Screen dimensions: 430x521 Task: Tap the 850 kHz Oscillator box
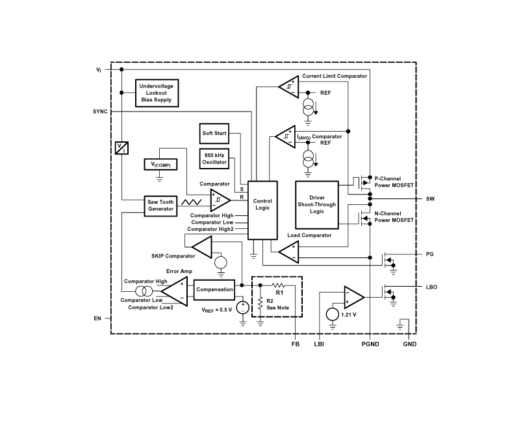[214, 158]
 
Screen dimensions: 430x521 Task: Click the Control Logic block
[263, 206]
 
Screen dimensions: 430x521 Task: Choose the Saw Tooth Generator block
[160, 205]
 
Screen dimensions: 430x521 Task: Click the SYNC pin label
[100, 112]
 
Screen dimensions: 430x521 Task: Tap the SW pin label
[429, 198]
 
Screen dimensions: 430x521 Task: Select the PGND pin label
[370, 344]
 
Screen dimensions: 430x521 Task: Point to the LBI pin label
[319, 344]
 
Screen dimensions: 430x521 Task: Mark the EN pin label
[98, 319]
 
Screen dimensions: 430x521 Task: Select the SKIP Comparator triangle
[202, 246]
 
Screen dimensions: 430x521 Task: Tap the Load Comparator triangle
[288, 252]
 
